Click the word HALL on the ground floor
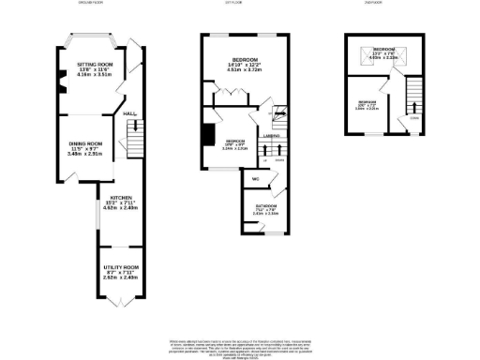[x=129, y=113]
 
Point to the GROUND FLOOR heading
[x=91, y=3]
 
